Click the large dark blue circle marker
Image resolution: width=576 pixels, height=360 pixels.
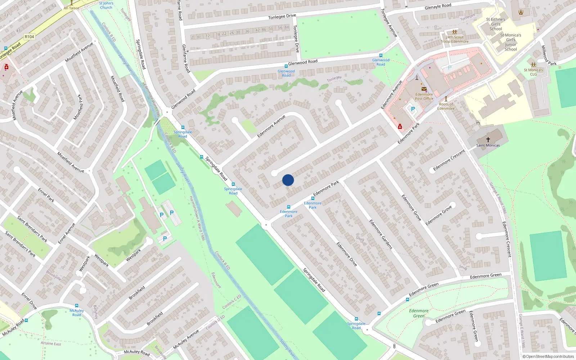coord(288,180)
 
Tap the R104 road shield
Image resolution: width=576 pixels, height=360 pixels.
coord(30,37)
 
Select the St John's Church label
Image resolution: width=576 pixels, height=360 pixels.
coord(106,5)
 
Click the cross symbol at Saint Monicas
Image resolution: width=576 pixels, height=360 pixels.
coord(488,139)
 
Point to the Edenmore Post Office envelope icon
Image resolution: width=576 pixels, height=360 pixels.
coord(424,89)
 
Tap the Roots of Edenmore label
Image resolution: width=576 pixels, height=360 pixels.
coord(446,106)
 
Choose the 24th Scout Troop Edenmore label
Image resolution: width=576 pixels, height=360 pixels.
coord(455,39)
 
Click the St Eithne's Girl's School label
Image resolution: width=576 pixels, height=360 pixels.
coord(496,24)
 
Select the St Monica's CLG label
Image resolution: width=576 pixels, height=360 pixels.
coord(533,72)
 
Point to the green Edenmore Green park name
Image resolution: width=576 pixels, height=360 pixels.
coord(419,313)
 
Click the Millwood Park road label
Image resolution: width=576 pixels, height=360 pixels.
coord(549,55)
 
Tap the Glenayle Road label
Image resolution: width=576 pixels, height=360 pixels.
coord(438,6)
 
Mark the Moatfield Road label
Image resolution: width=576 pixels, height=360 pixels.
coord(117,89)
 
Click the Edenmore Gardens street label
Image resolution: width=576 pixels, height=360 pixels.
coord(381,234)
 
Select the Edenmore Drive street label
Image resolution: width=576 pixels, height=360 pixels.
coord(347,254)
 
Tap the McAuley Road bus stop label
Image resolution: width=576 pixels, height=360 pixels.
coord(77,312)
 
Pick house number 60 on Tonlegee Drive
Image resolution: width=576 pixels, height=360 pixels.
coord(287,27)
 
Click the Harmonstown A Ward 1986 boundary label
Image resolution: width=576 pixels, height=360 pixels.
coord(197,218)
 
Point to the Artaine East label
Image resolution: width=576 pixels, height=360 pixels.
coord(51,343)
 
